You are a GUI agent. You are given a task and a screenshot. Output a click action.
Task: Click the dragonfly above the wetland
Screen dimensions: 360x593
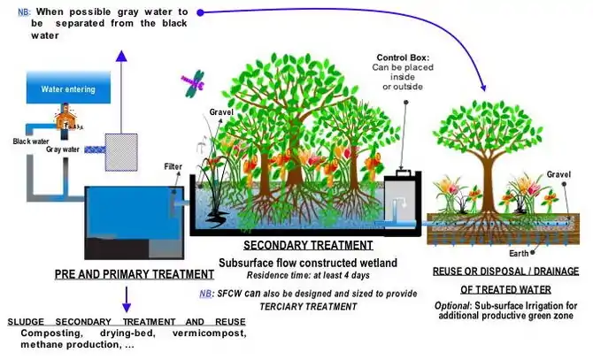(191, 83)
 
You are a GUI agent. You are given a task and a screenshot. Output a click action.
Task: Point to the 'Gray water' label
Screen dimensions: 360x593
(63, 150)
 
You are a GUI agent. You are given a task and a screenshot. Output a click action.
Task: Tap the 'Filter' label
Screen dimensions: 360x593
(173, 166)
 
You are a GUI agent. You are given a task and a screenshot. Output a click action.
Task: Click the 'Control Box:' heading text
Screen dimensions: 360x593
(404, 57)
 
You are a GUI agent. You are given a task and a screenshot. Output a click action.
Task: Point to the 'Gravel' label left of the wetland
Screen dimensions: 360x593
(221, 112)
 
